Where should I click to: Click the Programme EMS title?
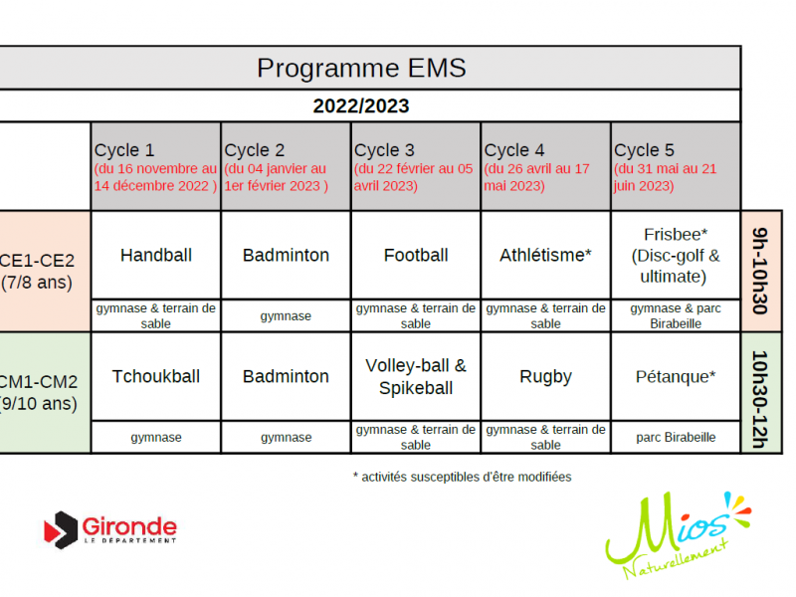(x=361, y=68)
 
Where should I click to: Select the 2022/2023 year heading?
(x=361, y=106)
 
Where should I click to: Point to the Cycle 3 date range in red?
(x=413, y=177)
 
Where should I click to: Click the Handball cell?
(x=156, y=255)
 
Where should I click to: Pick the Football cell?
(x=416, y=255)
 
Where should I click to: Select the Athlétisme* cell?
(x=545, y=255)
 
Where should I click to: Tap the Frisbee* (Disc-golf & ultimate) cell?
(x=676, y=256)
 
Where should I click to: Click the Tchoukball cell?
(x=156, y=377)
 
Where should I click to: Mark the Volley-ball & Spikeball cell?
(x=416, y=377)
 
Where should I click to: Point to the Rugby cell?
(x=545, y=377)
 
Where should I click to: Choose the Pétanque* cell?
(x=676, y=377)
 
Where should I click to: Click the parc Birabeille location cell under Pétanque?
(x=676, y=437)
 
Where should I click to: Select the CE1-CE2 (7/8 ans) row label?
(x=37, y=271)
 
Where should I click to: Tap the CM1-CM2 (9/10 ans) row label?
(x=39, y=392)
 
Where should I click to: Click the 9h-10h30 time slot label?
(x=760, y=271)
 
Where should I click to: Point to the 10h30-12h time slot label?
(x=760, y=399)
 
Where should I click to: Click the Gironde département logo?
(x=110, y=530)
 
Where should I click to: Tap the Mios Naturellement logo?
(x=678, y=535)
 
